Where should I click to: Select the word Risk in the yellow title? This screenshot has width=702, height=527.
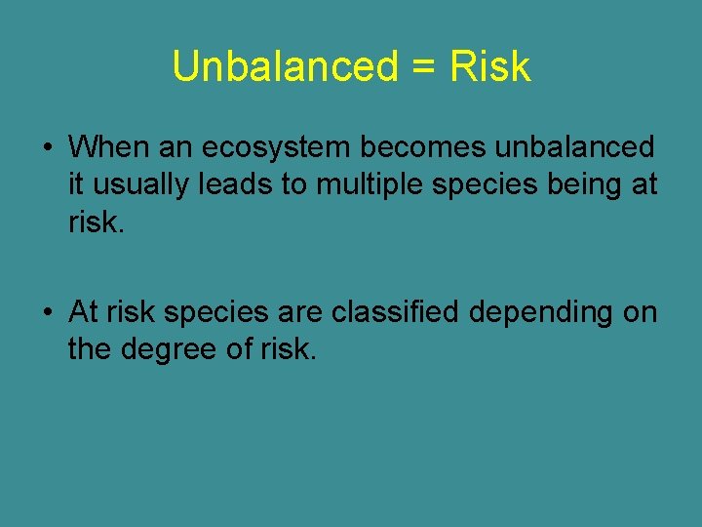point(489,67)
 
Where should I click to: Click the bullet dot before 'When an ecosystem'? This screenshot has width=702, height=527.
point(47,148)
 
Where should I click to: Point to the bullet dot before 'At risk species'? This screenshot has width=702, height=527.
point(47,312)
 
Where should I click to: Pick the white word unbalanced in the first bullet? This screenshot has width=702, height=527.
point(575,147)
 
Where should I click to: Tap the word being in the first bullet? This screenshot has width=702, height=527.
point(587,184)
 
